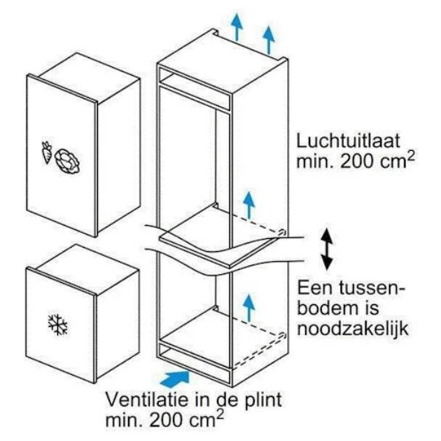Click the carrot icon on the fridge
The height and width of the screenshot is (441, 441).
(47, 152)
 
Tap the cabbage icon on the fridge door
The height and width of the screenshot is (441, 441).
(67, 161)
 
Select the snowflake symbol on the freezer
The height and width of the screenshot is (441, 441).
(57, 325)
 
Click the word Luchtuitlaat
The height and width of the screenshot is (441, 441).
(348, 141)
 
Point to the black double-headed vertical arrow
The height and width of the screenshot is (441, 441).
(327, 249)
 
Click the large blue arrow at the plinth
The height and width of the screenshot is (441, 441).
(175, 379)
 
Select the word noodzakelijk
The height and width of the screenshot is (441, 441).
(353, 328)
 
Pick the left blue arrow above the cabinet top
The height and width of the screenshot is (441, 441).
(237, 27)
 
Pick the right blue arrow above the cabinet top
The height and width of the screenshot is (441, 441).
(269, 40)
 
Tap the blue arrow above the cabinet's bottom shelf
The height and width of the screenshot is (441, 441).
(248, 308)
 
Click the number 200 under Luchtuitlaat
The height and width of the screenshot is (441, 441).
(357, 161)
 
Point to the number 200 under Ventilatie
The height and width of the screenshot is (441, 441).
(167, 420)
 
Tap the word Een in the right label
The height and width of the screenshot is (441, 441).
(315, 287)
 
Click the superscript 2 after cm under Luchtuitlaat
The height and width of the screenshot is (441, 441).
(411, 156)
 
